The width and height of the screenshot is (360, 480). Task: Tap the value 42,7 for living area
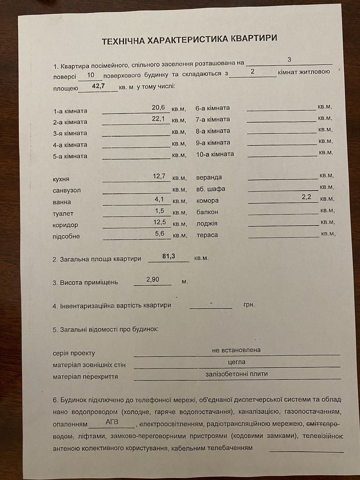98,86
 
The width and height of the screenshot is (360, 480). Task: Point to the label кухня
61,179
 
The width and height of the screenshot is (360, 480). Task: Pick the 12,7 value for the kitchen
159,176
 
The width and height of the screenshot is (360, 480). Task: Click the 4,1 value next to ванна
159,199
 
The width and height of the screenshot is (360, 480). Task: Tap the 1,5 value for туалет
160,211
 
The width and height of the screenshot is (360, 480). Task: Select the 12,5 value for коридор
159,222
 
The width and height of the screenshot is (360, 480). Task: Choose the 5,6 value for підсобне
160,233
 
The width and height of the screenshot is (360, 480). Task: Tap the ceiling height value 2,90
153,279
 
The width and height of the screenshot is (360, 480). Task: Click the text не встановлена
236,350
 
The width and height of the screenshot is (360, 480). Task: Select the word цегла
237,361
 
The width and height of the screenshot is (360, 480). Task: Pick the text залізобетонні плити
237,373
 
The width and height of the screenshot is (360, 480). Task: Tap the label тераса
207,235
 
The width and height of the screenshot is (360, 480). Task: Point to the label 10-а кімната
215,154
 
